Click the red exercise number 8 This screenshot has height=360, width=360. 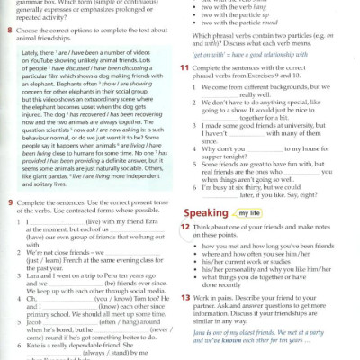pyautogui.click(x=8, y=30)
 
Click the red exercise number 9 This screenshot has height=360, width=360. pyautogui.click(x=9, y=204)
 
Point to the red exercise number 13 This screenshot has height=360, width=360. pyautogui.click(x=184, y=297)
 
